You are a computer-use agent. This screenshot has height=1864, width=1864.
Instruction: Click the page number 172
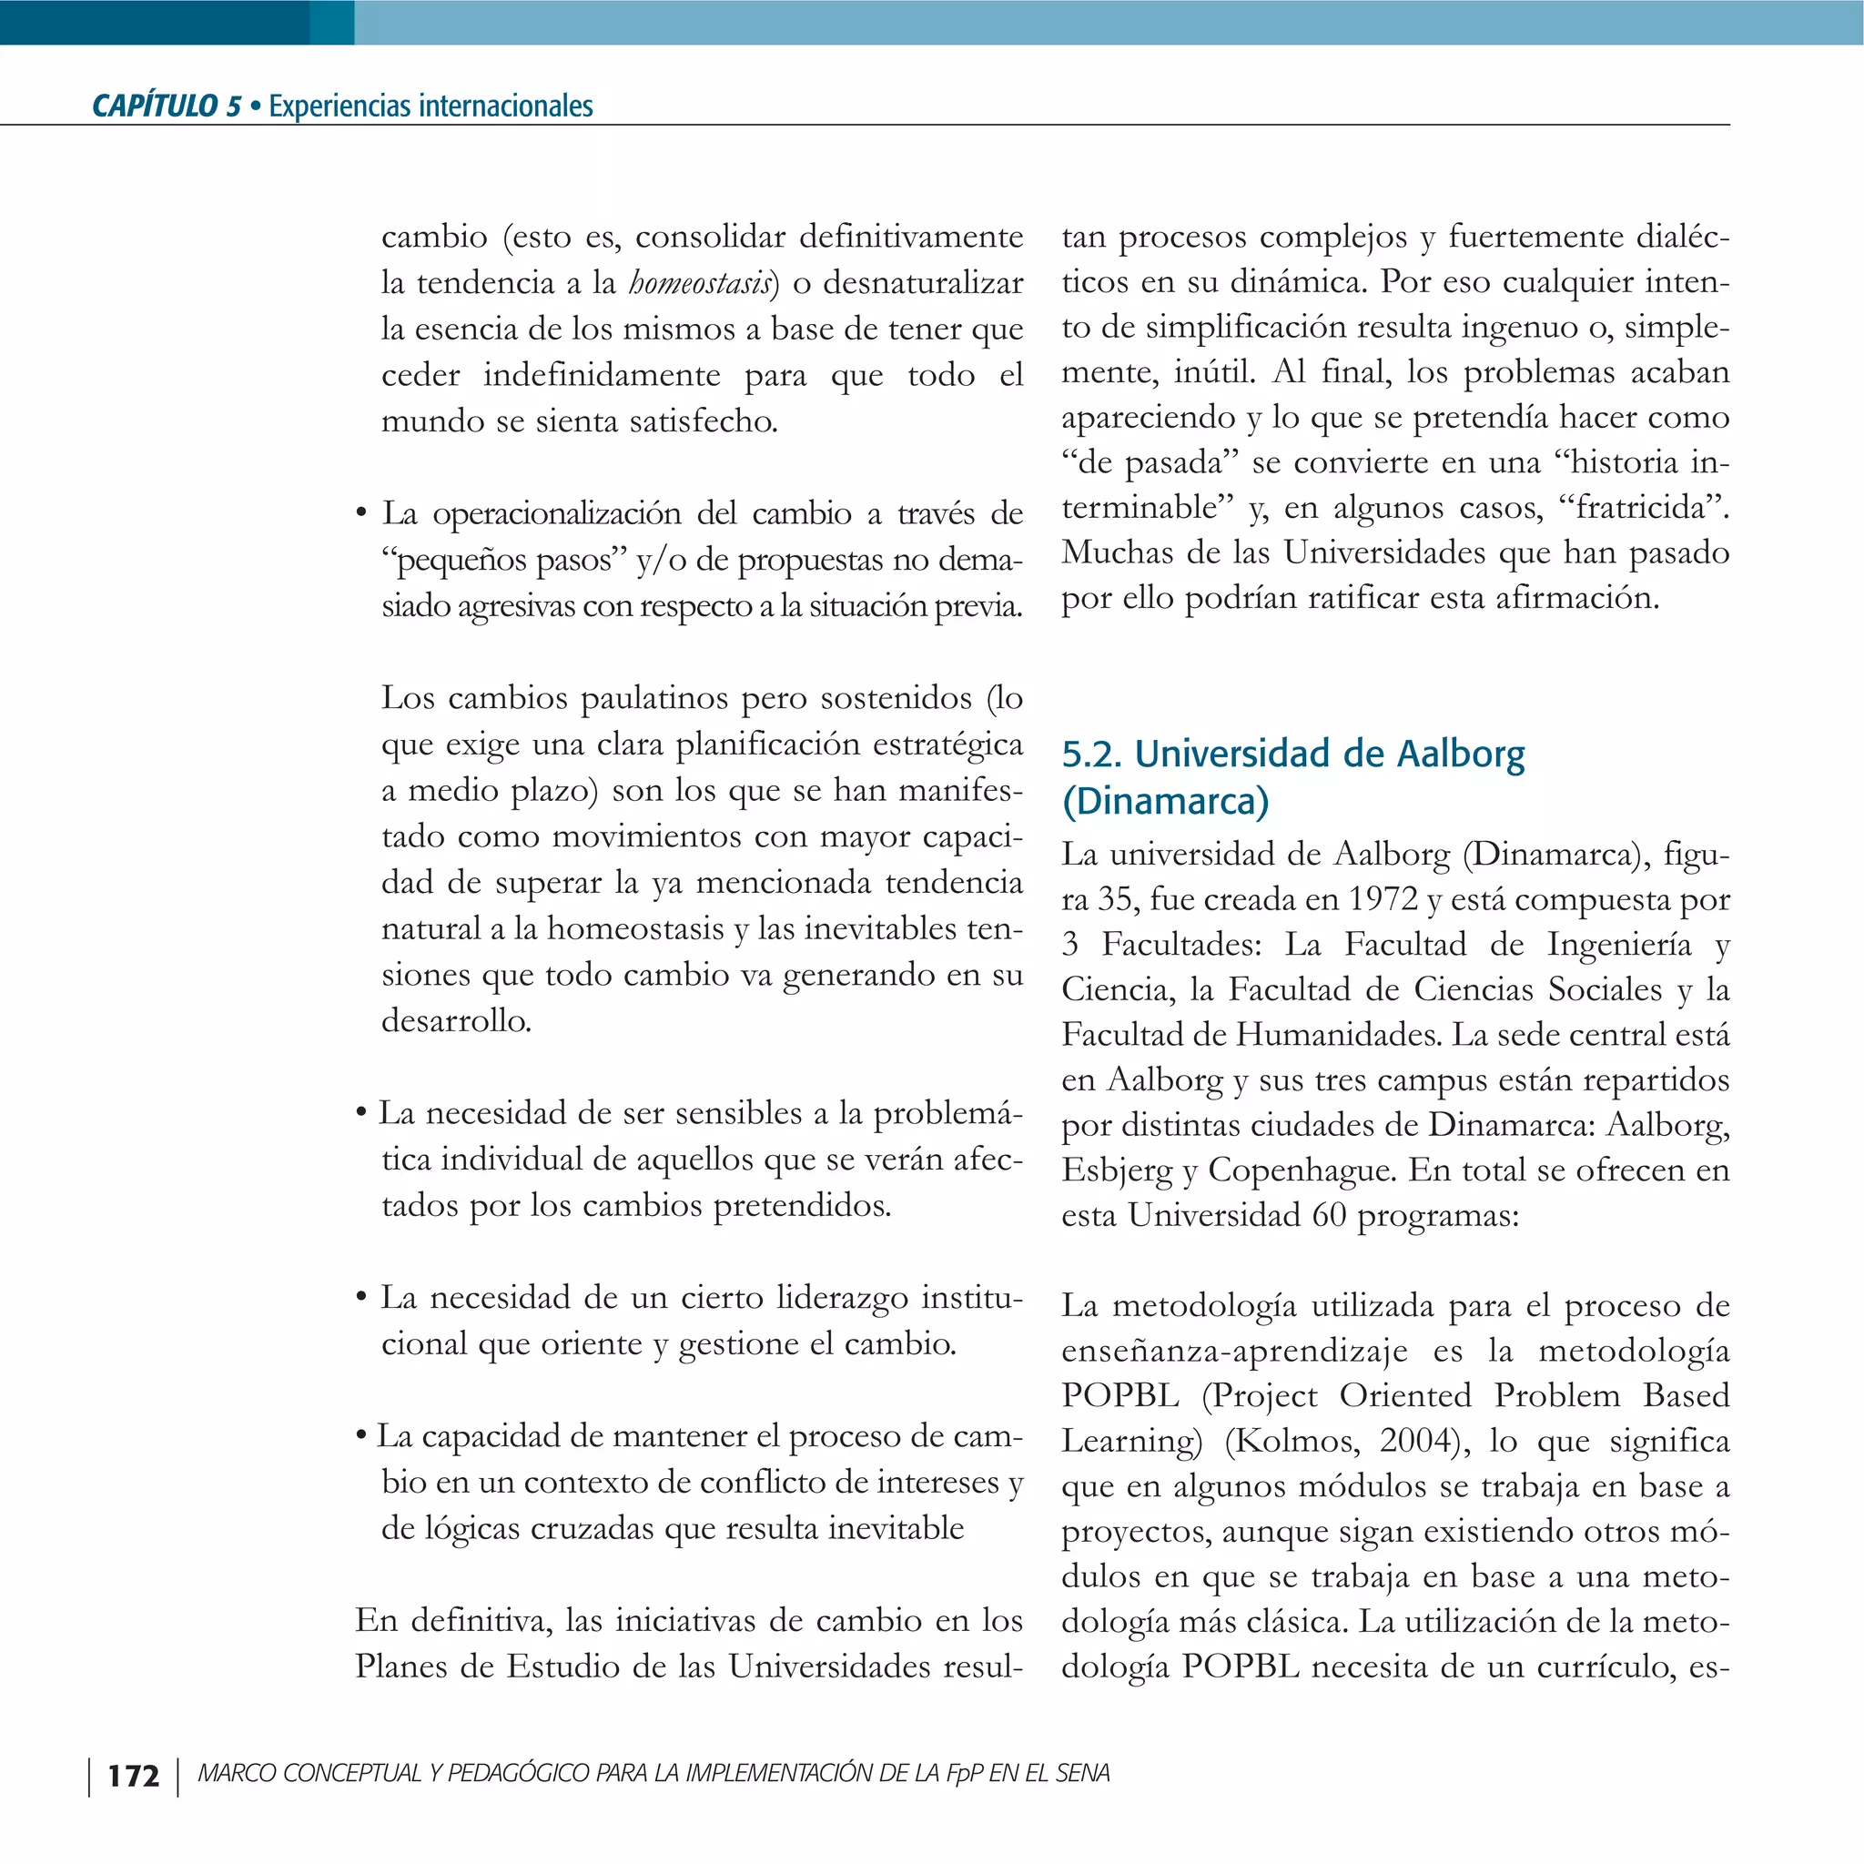(x=133, y=1775)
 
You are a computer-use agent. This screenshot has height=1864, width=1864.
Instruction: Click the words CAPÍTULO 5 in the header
(x=166, y=106)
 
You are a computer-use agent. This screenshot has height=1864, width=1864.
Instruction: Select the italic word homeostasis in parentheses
(x=701, y=284)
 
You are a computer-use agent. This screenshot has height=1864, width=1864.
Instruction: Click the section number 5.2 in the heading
(x=1091, y=755)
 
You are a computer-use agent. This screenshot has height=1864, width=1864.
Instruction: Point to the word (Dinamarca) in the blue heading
(x=1164, y=801)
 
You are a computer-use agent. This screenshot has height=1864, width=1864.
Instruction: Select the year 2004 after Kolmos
(x=1415, y=1441)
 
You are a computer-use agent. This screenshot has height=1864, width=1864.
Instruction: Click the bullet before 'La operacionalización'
(x=360, y=513)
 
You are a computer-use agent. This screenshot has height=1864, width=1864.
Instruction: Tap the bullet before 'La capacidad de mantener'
(x=360, y=1436)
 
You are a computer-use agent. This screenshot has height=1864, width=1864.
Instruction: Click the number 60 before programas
(x=1329, y=1215)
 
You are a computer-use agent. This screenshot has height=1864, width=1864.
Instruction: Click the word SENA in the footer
(x=1082, y=1773)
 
